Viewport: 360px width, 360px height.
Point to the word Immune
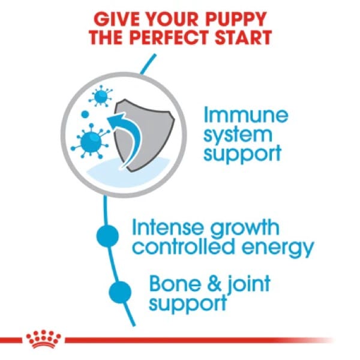(245, 115)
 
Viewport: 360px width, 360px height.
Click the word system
(238, 134)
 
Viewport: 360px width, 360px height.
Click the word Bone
(175, 284)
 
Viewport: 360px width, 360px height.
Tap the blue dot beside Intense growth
(107, 236)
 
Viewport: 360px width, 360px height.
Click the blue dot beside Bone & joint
(121, 292)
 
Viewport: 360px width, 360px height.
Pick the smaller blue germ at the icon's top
(101, 96)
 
